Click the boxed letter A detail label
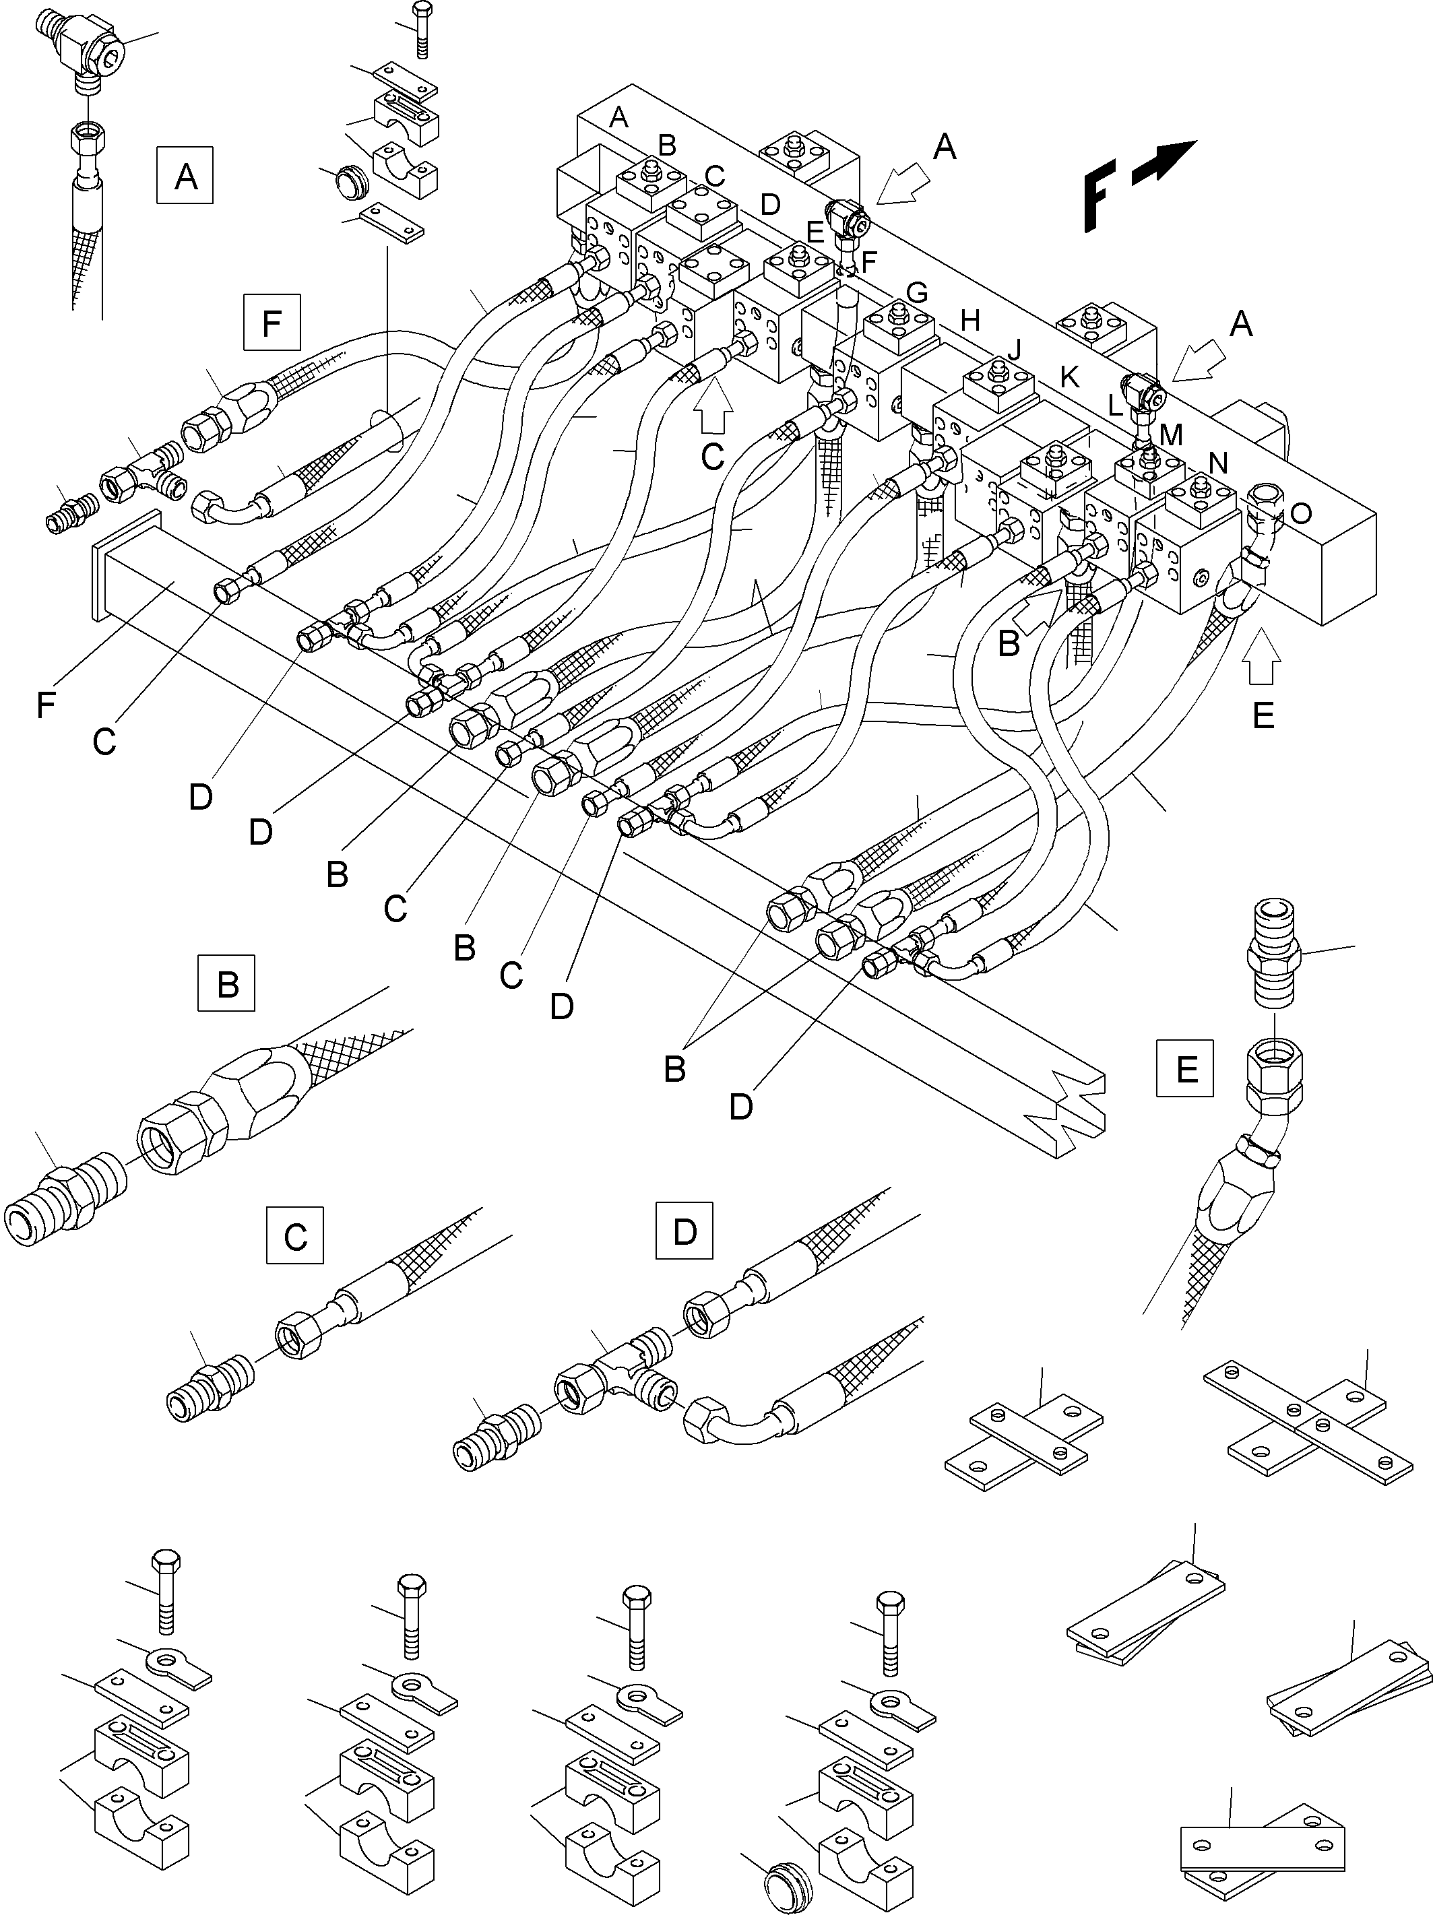click(x=185, y=176)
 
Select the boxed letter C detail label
click(x=295, y=1236)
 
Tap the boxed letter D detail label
click(x=684, y=1230)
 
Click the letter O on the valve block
click(x=1300, y=514)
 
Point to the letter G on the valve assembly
click(x=915, y=292)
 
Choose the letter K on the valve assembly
click(x=1069, y=376)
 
